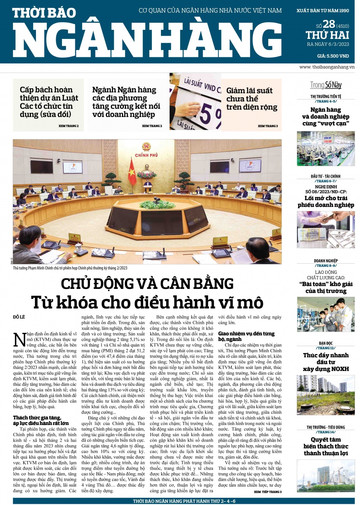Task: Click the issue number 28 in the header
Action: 329,24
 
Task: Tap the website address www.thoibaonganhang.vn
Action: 327,67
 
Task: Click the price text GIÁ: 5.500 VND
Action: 333,56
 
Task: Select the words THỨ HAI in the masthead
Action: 327,35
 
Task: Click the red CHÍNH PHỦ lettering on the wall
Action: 147,155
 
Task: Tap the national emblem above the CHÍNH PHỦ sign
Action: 147,147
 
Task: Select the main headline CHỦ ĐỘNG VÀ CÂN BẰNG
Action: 147,284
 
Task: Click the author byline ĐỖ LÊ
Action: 19,317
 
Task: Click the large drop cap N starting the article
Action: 19,340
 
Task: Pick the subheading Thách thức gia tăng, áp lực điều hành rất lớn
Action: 41,420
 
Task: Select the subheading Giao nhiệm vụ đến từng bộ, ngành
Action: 246,336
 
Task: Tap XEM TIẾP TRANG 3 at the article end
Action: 267,492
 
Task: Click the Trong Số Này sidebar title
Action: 326,85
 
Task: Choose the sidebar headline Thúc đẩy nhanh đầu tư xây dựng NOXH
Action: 326,362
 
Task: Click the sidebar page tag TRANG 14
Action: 326,432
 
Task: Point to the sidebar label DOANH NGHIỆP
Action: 326,261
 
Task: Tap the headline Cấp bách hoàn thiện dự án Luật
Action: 49,102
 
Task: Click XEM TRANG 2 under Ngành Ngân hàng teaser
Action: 152,126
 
